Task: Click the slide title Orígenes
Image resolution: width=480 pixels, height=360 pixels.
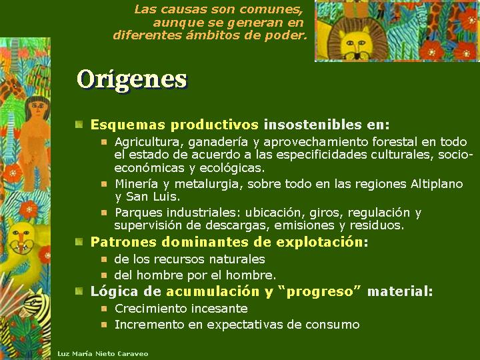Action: click(131, 79)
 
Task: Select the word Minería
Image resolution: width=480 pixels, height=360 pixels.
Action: click(136, 184)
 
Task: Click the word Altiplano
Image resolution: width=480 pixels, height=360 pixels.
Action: click(437, 184)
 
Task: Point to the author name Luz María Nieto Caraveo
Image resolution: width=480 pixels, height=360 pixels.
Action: click(103, 354)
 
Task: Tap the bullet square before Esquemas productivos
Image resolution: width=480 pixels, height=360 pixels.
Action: click(79, 124)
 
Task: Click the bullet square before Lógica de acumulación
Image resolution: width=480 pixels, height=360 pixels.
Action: click(79, 291)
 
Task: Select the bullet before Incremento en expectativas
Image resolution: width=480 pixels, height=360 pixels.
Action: click(105, 325)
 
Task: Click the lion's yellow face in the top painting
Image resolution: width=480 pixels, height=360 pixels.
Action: click(355, 43)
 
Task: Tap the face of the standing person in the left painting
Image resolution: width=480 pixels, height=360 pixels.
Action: click(38, 108)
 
